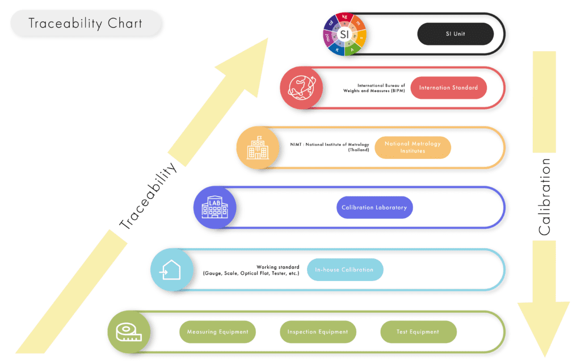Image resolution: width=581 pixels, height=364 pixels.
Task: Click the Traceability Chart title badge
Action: coord(86,24)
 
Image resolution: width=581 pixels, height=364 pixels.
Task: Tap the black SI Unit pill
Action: coord(455,34)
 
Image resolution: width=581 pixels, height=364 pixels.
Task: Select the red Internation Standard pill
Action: coord(448,88)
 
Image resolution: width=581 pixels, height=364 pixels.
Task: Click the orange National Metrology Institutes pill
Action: coord(412,148)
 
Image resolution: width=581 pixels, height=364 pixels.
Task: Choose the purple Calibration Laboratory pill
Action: coord(374,207)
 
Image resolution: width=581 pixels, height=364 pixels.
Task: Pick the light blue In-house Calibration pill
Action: coord(344,270)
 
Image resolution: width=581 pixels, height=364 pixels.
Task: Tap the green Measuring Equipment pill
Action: coord(217,332)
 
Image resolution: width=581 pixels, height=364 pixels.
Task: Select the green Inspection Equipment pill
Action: coord(318,332)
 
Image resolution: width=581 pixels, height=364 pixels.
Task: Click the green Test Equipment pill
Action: coord(418,332)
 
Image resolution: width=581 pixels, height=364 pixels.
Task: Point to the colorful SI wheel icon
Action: coord(344,34)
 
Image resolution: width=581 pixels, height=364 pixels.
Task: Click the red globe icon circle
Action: coord(301,88)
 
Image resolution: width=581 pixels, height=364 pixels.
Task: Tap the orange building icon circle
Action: coord(258,148)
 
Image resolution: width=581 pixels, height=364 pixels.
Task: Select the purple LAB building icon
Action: coord(215,207)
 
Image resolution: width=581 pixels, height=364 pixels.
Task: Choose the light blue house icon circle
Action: coord(171,270)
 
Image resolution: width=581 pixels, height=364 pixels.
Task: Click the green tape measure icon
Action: coord(129,332)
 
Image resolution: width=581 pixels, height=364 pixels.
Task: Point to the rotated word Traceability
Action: coord(149,196)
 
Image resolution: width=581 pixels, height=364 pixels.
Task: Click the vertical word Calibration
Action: coord(544,196)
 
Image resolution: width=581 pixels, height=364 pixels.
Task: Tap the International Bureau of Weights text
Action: coord(373,88)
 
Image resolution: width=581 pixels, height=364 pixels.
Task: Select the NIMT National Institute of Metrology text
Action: coord(329,147)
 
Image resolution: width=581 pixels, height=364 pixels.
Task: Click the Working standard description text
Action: coord(251,270)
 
